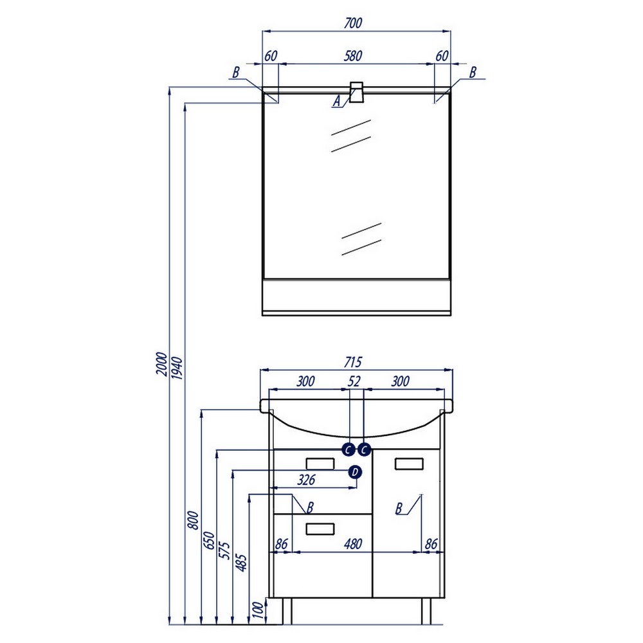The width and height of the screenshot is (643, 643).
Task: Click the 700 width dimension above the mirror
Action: (352, 23)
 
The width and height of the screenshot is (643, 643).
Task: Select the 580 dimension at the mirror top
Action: (352, 56)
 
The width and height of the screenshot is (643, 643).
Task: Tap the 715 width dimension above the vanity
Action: (352, 362)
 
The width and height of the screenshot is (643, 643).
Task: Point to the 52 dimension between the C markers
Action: (354, 381)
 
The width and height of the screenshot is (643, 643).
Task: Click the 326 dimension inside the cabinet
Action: (306, 480)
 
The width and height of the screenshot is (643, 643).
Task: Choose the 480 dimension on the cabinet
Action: (353, 544)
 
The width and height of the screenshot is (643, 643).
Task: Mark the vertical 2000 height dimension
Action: (162, 364)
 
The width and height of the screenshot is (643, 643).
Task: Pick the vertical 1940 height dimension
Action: (177, 368)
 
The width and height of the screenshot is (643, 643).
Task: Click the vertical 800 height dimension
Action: (193, 520)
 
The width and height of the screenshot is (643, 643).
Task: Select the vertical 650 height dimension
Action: (209, 540)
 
